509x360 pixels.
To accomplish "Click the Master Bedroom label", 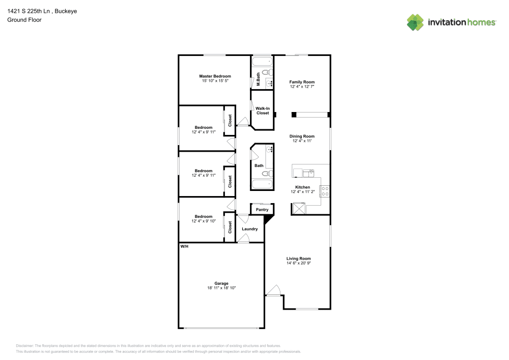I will (214, 76).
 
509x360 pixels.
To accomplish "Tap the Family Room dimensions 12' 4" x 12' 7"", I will (302, 87).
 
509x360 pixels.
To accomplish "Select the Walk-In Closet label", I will (262, 110).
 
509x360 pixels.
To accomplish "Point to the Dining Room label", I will (302, 136).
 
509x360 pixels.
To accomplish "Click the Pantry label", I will (262, 209).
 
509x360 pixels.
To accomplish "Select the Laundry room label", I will (249, 229).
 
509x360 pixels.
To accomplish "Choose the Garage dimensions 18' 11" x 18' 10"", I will (221, 288).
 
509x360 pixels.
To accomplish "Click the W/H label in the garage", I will (184, 246).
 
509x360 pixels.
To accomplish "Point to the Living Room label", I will (298, 258).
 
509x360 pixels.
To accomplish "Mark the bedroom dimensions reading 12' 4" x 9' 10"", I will (204, 221).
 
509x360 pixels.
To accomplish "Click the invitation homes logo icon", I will (415, 22).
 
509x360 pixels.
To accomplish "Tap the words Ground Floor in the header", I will (24, 20).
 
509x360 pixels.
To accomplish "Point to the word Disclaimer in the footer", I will (25, 346).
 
